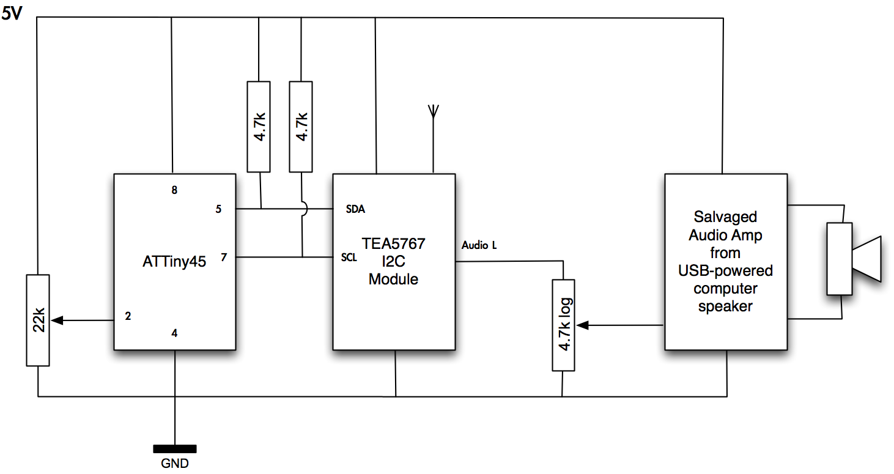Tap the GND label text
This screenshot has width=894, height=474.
tap(175, 463)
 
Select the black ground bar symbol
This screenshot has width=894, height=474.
tap(175, 449)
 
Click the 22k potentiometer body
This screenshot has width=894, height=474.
tap(38, 320)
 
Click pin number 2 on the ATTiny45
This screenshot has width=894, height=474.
tap(128, 316)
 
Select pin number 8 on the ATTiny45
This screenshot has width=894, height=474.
tap(174, 190)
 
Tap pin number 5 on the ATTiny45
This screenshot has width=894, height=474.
tap(218, 209)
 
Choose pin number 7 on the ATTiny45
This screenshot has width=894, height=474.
tap(224, 257)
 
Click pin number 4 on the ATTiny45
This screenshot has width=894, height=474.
tap(174, 333)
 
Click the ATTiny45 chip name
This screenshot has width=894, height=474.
tap(174, 262)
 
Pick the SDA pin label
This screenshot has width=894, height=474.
tap(355, 209)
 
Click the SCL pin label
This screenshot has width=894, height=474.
tap(349, 257)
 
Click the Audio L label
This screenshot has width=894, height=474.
tap(479, 245)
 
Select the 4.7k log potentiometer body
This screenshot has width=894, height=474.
tap(564, 325)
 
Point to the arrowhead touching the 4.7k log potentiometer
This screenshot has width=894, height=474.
tap(582, 325)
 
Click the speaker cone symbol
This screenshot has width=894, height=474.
tap(866, 259)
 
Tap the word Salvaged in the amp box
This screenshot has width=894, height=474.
tap(725, 217)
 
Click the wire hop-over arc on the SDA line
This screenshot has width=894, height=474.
tap(303, 209)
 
